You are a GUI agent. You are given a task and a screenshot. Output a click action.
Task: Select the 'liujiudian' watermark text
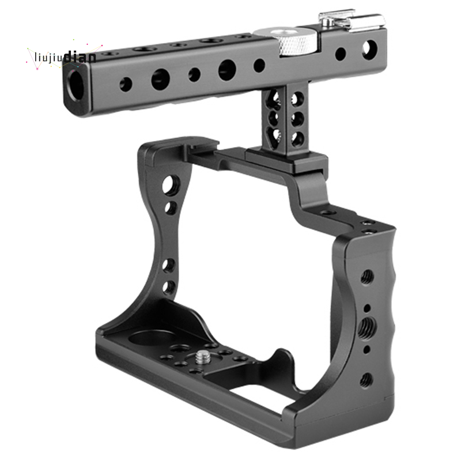point(65,57)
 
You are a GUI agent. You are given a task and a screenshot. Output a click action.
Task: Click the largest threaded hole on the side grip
point(366,326)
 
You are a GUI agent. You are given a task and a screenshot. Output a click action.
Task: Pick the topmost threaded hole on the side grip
point(367,277)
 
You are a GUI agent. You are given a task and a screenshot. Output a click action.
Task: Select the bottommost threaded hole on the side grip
point(366,380)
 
